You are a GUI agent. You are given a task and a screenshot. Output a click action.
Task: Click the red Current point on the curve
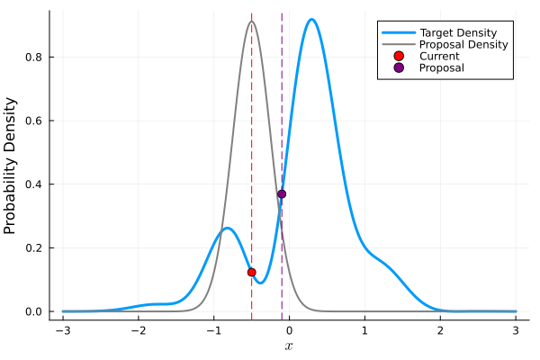click(x=251, y=272)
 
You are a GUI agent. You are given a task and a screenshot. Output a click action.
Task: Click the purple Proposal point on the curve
click(x=282, y=193)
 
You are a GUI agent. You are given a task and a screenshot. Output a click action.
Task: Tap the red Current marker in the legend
click(x=397, y=56)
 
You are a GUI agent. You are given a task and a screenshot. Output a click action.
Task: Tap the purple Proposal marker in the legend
click(x=397, y=67)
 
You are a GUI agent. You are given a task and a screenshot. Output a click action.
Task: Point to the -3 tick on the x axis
click(x=62, y=330)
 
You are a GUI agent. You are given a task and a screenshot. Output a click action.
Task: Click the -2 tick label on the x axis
click(x=138, y=330)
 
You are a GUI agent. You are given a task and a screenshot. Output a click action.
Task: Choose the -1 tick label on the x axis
click(x=213, y=330)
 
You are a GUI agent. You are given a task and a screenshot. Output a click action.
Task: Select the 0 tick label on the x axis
click(x=289, y=330)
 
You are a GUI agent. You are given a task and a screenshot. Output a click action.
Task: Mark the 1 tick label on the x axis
click(x=364, y=330)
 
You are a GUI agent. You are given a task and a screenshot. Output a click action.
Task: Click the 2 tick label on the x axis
click(x=440, y=330)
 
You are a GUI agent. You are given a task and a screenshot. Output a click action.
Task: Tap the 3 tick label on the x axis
click(x=516, y=330)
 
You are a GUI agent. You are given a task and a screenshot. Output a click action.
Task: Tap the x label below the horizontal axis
click(x=289, y=346)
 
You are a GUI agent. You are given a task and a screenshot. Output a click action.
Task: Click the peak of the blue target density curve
click(x=311, y=20)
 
